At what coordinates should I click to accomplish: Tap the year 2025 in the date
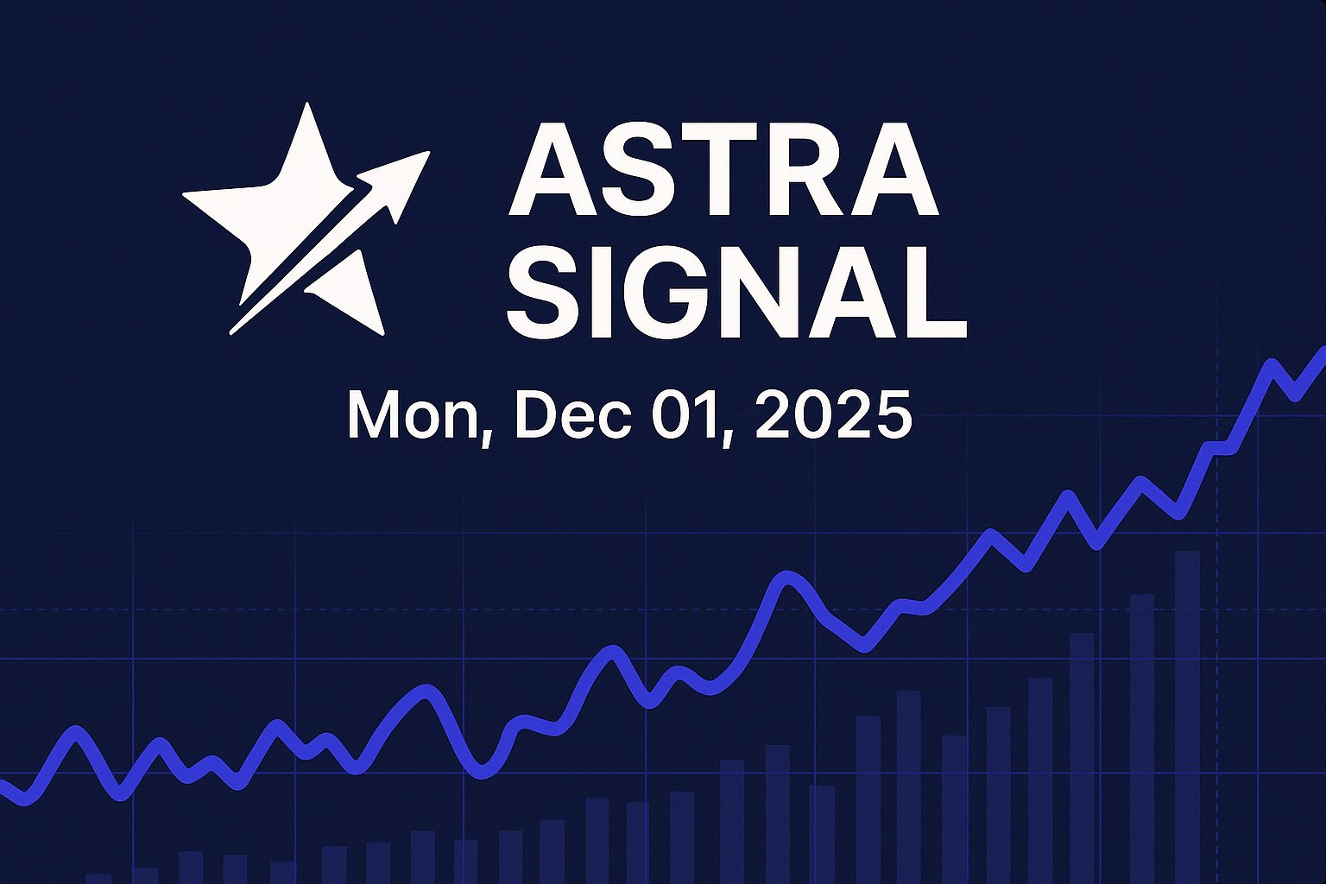point(833,415)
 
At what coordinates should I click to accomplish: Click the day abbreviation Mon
point(414,415)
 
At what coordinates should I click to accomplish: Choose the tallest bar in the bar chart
point(1187,717)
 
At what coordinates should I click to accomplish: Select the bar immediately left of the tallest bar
point(1142,738)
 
